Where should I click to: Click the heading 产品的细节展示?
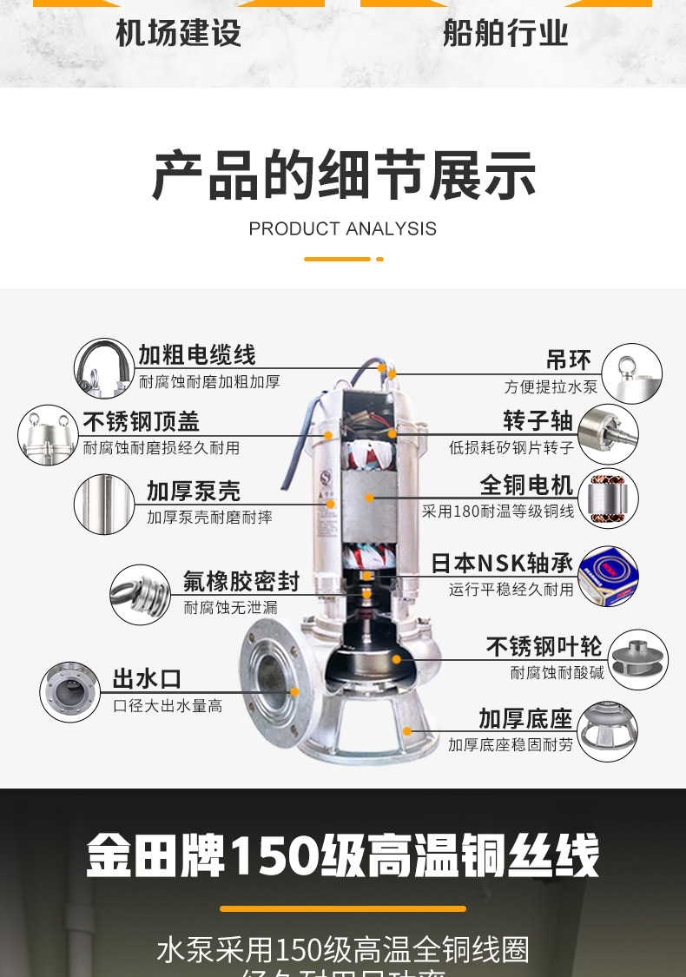pos(343,175)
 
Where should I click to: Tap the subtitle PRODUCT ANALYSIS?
pos(342,229)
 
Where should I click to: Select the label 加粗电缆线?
pos(197,354)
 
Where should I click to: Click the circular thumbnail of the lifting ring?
pos(631,373)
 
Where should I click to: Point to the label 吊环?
pos(569,360)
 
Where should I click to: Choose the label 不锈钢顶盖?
pos(142,422)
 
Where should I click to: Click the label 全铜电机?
pos(527,485)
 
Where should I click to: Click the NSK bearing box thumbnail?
pos(608,576)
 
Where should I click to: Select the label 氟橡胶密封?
pos(241,581)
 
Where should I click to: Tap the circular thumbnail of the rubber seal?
pos(141,594)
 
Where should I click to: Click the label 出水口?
pos(147,679)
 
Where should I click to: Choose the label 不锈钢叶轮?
pos(544,647)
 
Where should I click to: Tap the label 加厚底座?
pos(525,719)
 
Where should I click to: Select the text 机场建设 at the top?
pos(179,33)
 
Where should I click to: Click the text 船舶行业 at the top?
pos(505,33)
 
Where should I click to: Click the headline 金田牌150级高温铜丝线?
pos(343,856)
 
